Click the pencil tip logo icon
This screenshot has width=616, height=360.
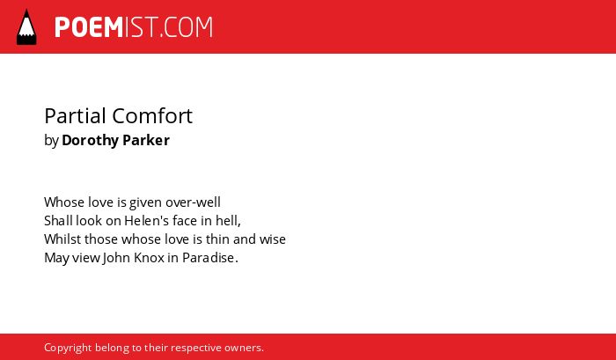[26, 27]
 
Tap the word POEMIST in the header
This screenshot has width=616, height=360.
[106, 27]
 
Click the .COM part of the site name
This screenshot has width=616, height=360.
[187, 27]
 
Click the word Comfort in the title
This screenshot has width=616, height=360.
[152, 116]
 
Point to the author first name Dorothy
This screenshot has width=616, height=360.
[90, 140]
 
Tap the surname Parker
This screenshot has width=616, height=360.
[146, 140]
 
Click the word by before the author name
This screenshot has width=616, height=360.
[51, 141]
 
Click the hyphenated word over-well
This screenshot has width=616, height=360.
[193, 202]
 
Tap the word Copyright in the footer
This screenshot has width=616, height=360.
[68, 349]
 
